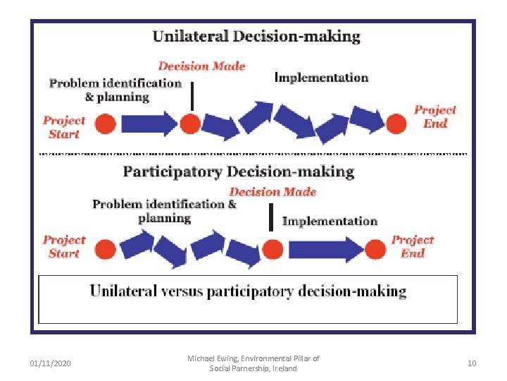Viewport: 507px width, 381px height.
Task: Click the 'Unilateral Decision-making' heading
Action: click(x=256, y=37)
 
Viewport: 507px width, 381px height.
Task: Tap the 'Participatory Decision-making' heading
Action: click(x=239, y=171)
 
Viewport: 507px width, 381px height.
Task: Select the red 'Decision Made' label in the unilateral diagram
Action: click(x=201, y=66)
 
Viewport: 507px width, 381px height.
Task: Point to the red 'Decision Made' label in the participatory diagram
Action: click(x=273, y=192)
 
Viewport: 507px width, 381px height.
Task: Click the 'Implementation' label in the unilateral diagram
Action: click(x=321, y=78)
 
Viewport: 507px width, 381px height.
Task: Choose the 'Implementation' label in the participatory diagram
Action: click(x=330, y=221)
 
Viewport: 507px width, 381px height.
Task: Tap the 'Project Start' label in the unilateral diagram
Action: click(x=63, y=127)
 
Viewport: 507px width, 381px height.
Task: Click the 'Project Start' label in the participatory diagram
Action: click(x=63, y=246)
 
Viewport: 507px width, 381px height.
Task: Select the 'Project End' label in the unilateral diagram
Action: click(x=434, y=116)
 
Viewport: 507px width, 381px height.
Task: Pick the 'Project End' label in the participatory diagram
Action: click(x=413, y=246)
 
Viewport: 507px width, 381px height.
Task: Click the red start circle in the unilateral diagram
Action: click(x=106, y=125)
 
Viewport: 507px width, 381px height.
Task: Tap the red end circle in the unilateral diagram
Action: click(x=396, y=124)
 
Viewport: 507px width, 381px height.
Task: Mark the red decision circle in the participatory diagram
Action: click(x=272, y=248)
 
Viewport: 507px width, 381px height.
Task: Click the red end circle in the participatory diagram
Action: click(x=375, y=248)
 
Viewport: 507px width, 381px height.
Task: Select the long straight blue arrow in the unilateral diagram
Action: click(x=147, y=124)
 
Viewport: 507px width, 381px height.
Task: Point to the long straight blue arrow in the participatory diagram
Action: click(x=324, y=248)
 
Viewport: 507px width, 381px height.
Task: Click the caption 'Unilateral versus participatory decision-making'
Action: click(x=248, y=291)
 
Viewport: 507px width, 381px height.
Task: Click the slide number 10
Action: click(x=471, y=363)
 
